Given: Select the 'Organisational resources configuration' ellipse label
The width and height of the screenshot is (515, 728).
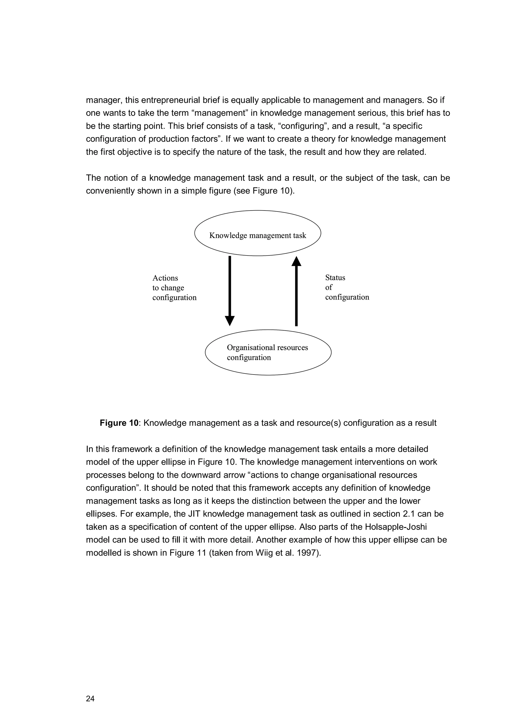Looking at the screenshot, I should [x=267, y=352].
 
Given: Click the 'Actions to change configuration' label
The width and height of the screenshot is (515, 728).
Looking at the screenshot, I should [x=174, y=288].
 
